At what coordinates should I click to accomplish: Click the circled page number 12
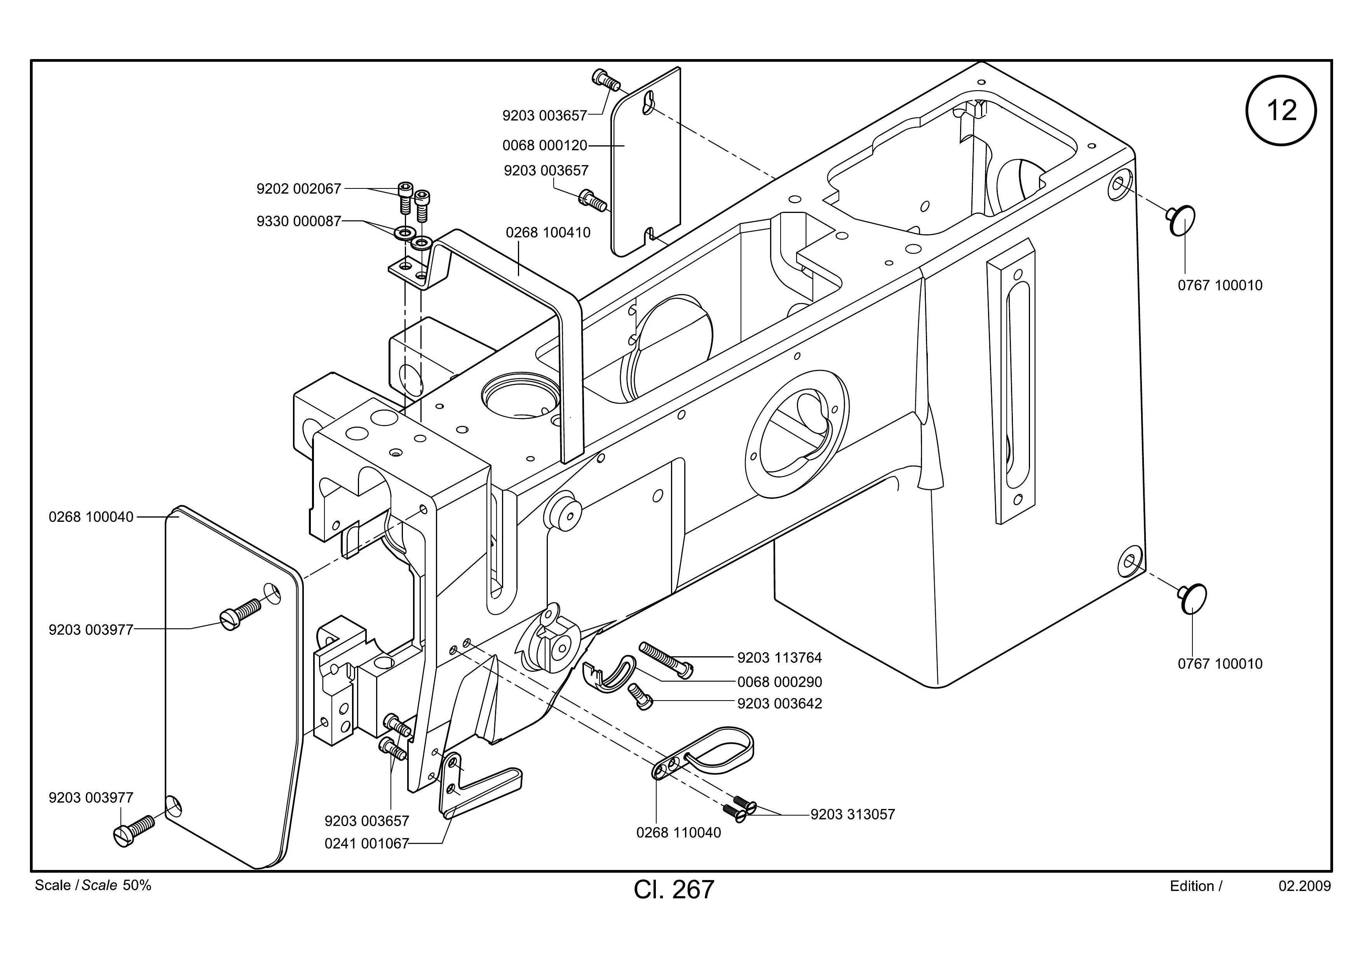[1281, 110]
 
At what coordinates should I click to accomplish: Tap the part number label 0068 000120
[544, 145]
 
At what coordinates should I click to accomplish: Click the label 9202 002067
[299, 189]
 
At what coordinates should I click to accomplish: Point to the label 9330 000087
[299, 221]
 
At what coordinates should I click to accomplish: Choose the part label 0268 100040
[91, 517]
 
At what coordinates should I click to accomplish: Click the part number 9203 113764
[779, 658]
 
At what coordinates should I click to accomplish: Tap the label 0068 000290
[779, 682]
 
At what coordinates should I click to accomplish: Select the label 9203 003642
[779, 703]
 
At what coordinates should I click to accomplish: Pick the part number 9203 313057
[852, 814]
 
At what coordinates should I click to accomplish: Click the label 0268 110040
[678, 833]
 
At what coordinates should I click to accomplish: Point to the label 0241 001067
[367, 844]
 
